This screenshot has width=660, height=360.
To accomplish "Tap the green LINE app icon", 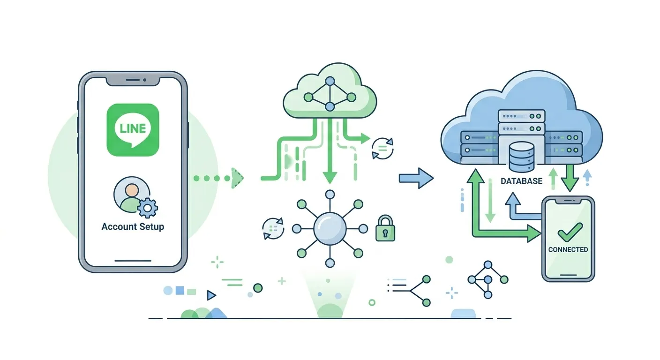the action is (133, 130).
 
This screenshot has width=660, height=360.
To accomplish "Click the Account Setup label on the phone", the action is (133, 226).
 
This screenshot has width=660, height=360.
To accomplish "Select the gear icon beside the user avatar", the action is (148, 208).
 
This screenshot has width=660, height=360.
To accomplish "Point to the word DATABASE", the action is (522, 181).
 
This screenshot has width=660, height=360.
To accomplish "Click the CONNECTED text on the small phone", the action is (568, 249).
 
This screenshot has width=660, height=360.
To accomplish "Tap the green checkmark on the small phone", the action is (570, 232).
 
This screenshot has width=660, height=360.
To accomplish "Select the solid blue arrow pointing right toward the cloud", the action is (416, 178).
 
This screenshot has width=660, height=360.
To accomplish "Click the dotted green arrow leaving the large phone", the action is (218, 178).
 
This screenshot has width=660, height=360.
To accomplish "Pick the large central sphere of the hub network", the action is (330, 229).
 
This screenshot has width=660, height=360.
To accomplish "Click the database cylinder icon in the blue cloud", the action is (522, 157).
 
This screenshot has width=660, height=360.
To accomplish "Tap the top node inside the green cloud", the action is (330, 81).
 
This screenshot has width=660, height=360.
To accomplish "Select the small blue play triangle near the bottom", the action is (211, 295).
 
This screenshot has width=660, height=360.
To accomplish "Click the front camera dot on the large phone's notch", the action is (145, 80).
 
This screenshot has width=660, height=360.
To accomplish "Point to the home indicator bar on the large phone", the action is (133, 261).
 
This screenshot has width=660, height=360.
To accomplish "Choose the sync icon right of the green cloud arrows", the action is (382, 149).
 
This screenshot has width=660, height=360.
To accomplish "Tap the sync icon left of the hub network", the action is (273, 228).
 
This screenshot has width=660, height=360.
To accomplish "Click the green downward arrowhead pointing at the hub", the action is (330, 178).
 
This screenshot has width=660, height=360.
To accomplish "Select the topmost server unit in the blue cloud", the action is (522, 116).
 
